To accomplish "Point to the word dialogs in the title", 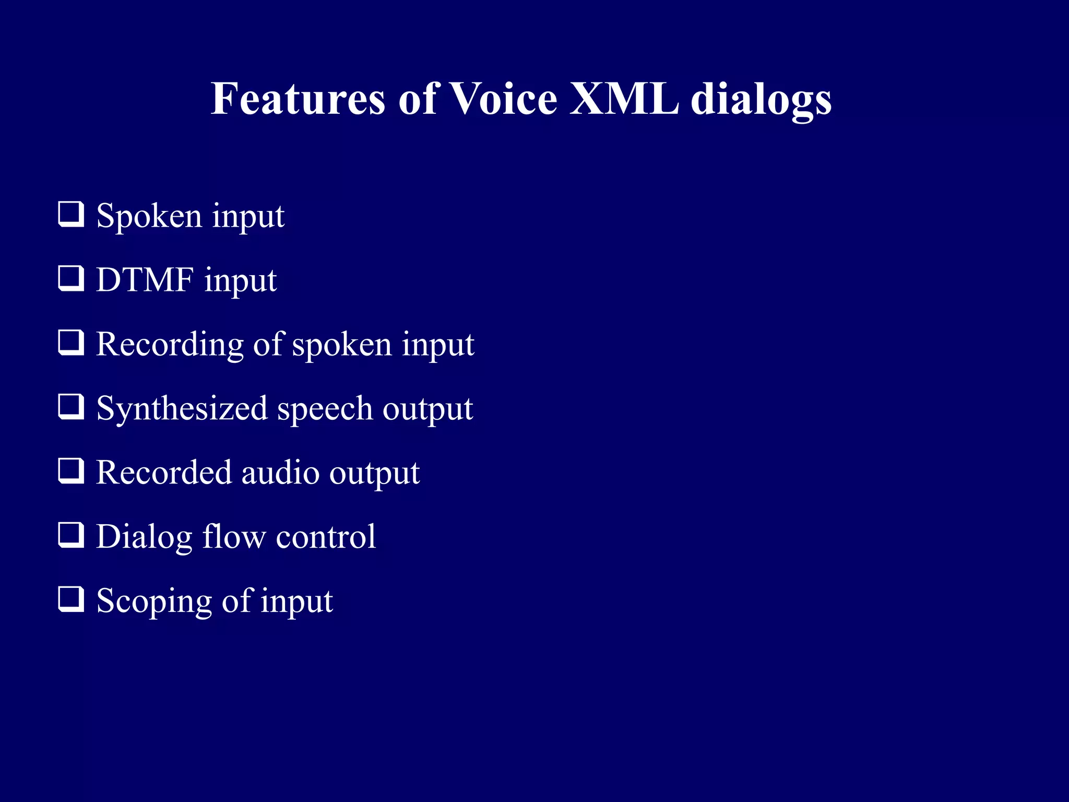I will (x=761, y=100).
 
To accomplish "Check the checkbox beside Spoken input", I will (x=70, y=214).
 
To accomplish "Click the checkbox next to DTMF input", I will (x=70, y=278).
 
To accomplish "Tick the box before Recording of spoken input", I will (x=70, y=343).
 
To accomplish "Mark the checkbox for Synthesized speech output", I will (x=70, y=407).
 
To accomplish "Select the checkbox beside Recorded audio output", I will (x=70, y=471).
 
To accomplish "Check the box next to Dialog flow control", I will (x=70, y=535).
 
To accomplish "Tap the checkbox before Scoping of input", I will (x=70, y=599).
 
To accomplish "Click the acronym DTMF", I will (x=145, y=280).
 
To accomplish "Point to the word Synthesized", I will (x=182, y=409).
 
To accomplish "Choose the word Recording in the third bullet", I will (x=170, y=345).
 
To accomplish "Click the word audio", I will (x=280, y=473).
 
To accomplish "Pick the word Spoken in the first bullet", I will (x=149, y=216).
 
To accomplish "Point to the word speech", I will (x=324, y=409).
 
